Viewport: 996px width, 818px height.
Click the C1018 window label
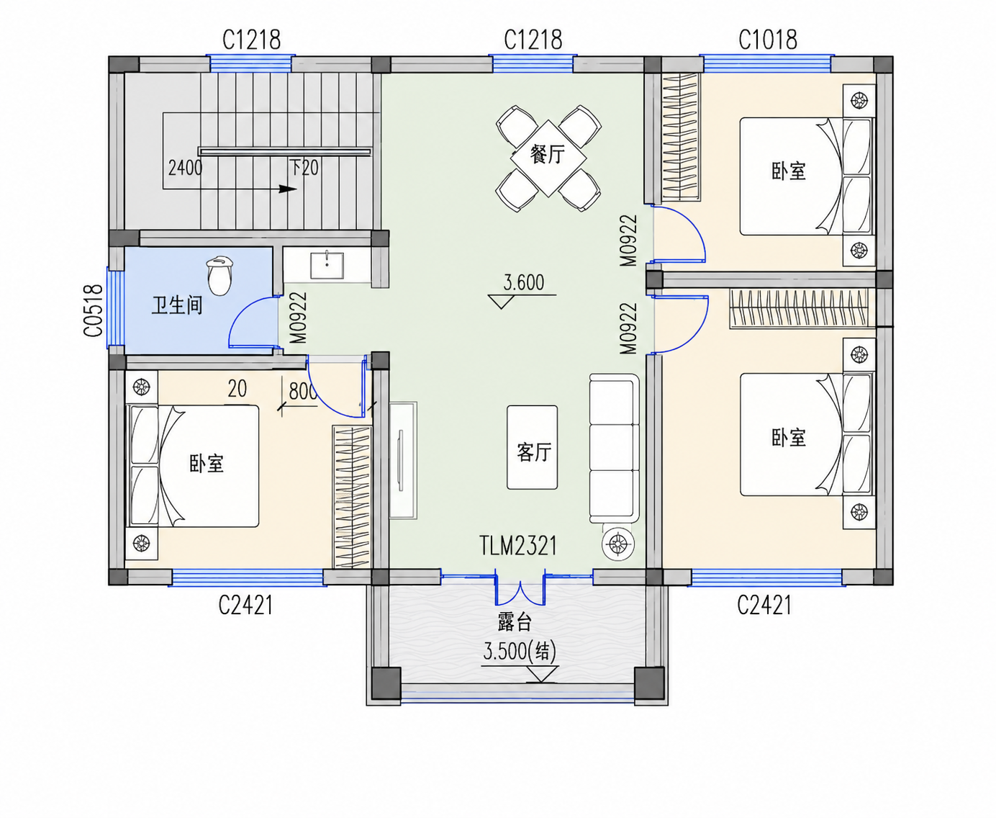pyautogui.click(x=768, y=40)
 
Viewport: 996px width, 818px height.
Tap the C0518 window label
pyautogui.click(x=93, y=310)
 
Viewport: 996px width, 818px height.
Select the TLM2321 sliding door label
pyautogui.click(x=518, y=546)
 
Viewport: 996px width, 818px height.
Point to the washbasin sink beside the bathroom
pyautogui.click(x=327, y=266)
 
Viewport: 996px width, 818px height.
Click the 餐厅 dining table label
pyautogui.click(x=548, y=154)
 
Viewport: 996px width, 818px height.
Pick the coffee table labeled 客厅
pyautogui.click(x=533, y=447)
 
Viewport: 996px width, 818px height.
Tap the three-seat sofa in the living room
pyautogui.click(x=614, y=448)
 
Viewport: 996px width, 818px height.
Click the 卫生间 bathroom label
pyautogui.click(x=177, y=305)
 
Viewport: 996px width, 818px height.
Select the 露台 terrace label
pyautogui.click(x=515, y=622)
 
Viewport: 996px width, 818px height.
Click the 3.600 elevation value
pyautogui.click(x=524, y=282)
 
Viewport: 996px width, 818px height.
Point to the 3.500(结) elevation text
pyautogui.click(x=520, y=652)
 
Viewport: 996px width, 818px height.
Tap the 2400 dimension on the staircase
pyautogui.click(x=185, y=168)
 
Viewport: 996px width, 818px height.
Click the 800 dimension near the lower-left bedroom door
pyautogui.click(x=303, y=391)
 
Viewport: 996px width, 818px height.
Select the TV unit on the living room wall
pyautogui.click(x=403, y=461)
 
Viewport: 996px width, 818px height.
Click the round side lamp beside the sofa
pyautogui.click(x=617, y=544)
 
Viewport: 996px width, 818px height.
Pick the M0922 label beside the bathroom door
pyautogui.click(x=299, y=318)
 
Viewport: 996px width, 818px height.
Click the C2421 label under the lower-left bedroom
pyautogui.click(x=245, y=606)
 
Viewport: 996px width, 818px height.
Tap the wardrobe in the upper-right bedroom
pyautogui.click(x=681, y=137)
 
